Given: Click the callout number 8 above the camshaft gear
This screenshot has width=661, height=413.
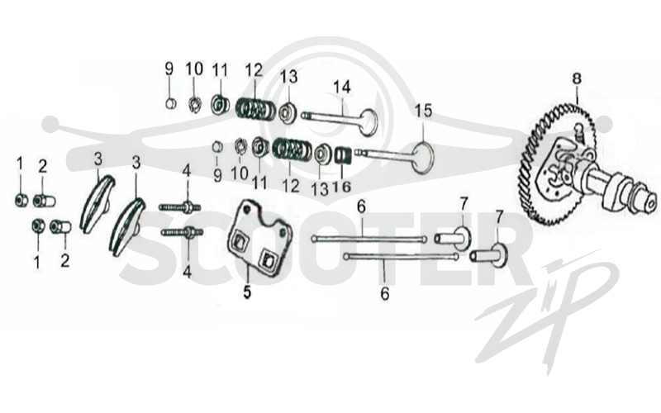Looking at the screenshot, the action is click(576, 78).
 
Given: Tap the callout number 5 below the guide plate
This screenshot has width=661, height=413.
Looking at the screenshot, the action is click(246, 292).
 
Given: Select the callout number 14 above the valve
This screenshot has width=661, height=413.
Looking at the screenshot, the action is click(342, 88).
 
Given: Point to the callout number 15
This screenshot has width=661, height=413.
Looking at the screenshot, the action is click(424, 111).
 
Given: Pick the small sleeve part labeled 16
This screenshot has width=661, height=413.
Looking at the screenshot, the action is click(343, 155).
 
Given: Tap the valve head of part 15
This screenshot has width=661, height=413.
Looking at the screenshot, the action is click(422, 158).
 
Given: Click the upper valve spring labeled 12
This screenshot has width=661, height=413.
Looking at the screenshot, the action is click(252, 108).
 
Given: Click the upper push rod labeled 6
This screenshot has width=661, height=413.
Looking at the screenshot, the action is click(369, 240).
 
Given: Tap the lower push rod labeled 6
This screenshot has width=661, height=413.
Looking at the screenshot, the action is click(402, 256).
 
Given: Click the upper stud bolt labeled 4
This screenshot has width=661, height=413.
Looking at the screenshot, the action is click(180, 207).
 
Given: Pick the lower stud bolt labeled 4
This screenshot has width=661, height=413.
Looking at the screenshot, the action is click(182, 232).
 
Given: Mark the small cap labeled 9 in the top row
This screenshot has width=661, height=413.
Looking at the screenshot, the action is click(170, 103).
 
